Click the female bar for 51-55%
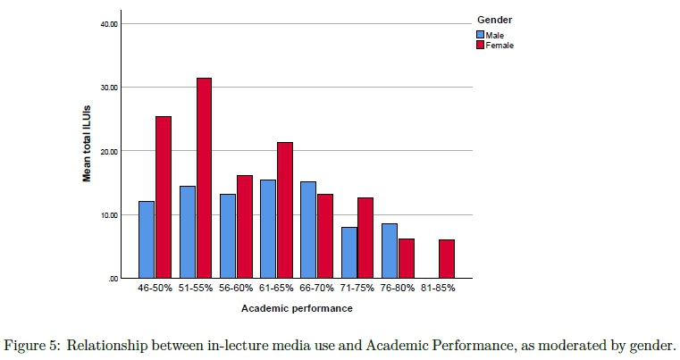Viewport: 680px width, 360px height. point(204,179)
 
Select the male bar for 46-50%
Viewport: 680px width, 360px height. point(147,239)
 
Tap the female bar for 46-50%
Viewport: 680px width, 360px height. point(163,197)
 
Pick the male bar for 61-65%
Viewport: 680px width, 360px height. point(267,229)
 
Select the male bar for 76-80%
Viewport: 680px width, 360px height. point(389,250)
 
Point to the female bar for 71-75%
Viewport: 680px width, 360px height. point(365,239)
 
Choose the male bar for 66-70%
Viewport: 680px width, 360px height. point(308,230)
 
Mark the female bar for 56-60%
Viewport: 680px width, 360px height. point(244,227)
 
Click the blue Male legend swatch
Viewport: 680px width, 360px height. point(480,35)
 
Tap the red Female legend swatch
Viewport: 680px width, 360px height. point(480,44)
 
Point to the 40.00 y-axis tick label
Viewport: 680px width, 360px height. point(109,23)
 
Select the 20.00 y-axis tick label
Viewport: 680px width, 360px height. point(109,151)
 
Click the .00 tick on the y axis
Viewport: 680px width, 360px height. point(113,279)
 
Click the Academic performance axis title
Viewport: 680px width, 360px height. point(297,309)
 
